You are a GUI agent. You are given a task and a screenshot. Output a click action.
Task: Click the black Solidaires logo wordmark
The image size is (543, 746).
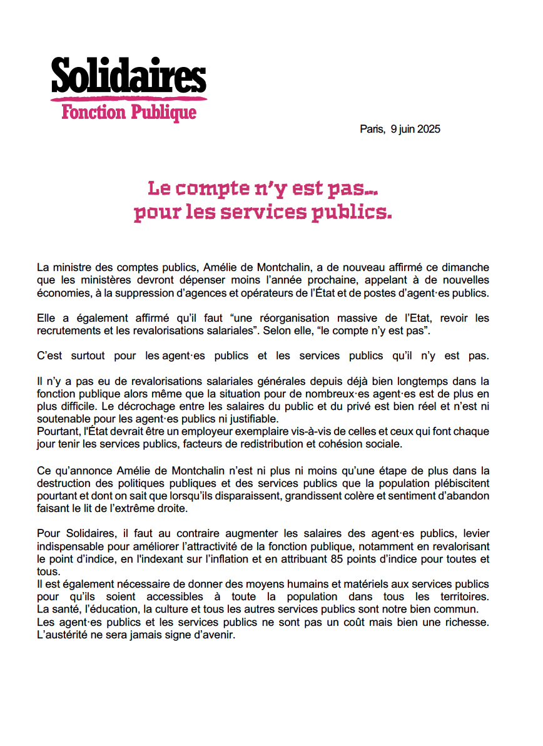128,76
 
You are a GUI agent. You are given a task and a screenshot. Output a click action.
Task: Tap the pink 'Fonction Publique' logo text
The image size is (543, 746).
129,113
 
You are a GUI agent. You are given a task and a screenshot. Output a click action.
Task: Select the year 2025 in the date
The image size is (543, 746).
429,130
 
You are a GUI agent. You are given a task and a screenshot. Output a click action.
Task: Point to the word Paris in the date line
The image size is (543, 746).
371,130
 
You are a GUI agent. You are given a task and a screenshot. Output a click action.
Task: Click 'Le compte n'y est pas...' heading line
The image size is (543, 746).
262,188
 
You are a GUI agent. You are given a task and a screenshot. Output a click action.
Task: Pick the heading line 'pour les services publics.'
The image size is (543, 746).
262,213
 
